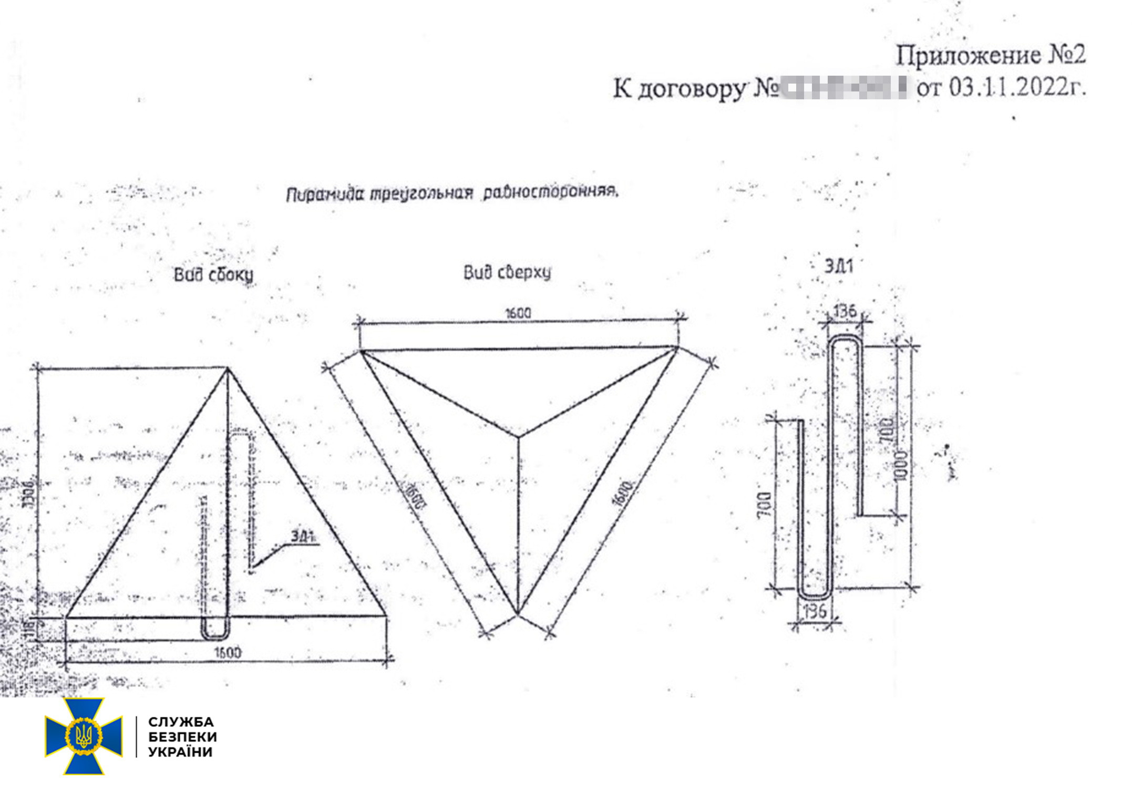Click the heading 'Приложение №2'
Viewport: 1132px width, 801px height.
pyautogui.click(x=990, y=55)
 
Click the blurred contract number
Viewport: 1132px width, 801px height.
pyautogui.click(x=843, y=87)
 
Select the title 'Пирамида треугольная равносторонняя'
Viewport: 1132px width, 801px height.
pyautogui.click(x=452, y=193)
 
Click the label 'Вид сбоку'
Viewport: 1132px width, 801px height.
pyautogui.click(x=213, y=274)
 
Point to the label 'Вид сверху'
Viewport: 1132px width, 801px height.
pyautogui.click(x=507, y=272)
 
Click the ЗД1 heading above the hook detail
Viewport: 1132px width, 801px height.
pyautogui.click(x=839, y=266)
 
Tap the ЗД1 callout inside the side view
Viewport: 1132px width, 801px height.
pyautogui.click(x=303, y=536)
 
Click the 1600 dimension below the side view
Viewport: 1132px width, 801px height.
pyautogui.click(x=228, y=652)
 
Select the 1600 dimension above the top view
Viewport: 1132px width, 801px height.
pyautogui.click(x=518, y=313)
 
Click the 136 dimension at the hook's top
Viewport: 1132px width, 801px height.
pyautogui.click(x=845, y=311)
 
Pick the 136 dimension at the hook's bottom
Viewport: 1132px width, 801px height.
pyautogui.click(x=815, y=611)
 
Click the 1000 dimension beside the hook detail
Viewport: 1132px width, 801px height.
pyautogui.click(x=901, y=465)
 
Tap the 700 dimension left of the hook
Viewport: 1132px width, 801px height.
pyautogui.click(x=765, y=505)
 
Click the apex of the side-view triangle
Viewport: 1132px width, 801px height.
pyautogui.click(x=228, y=369)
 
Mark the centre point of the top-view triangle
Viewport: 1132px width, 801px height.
pyautogui.click(x=519, y=436)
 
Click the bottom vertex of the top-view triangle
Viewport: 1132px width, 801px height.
pyautogui.click(x=518, y=613)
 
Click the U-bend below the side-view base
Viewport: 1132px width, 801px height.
pyautogui.click(x=215, y=631)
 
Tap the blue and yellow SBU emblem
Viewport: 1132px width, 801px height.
pyautogui.click(x=84, y=736)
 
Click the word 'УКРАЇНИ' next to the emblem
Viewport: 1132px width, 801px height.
pyautogui.click(x=181, y=752)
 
